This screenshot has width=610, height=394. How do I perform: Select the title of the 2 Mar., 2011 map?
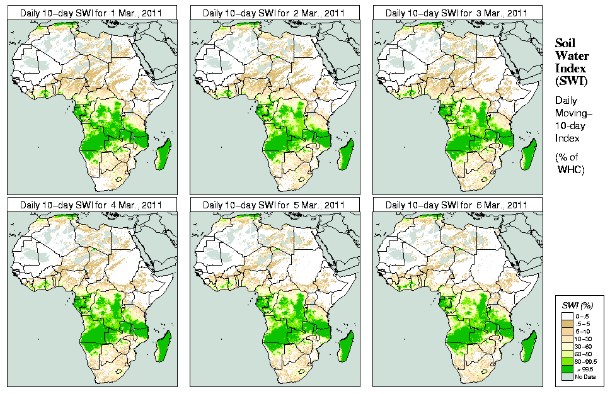click(x=274, y=13)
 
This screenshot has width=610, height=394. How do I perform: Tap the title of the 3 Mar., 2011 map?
click(x=457, y=13)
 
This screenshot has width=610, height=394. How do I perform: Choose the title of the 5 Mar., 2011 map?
click(x=274, y=205)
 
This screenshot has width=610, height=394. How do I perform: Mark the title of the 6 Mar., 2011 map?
click(x=457, y=205)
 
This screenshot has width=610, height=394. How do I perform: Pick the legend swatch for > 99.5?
click(x=567, y=369)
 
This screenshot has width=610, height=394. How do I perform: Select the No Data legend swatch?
click(x=567, y=376)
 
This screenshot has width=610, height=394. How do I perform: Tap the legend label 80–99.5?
click(x=585, y=361)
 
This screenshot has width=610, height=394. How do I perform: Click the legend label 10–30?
click(x=584, y=339)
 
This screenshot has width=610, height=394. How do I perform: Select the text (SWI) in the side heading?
click(x=570, y=81)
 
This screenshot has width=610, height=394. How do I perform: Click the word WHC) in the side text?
click(x=572, y=170)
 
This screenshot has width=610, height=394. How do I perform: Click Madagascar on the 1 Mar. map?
click(x=163, y=154)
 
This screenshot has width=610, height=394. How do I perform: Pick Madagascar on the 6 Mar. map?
click(x=529, y=346)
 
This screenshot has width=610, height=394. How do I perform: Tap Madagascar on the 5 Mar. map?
click(x=346, y=346)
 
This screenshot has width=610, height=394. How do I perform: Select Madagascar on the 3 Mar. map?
click(x=529, y=154)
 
